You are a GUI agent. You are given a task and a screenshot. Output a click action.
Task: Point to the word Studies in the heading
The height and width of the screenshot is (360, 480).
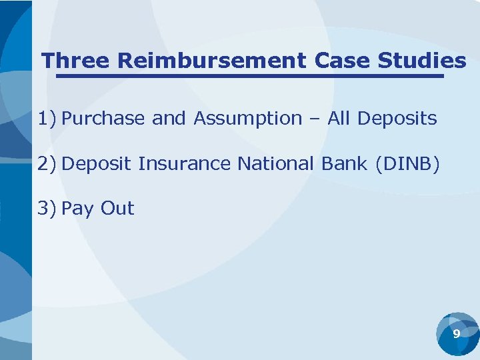(421, 61)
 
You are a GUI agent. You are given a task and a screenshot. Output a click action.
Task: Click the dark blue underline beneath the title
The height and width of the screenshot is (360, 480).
(249, 76)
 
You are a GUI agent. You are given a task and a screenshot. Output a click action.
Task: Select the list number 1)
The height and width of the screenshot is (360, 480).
(47, 119)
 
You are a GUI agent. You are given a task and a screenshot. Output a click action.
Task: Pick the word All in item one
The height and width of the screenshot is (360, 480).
(339, 119)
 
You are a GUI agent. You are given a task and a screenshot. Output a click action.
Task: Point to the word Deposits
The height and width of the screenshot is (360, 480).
(397, 119)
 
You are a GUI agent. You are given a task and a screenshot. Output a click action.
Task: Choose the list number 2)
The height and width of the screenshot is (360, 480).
(47, 164)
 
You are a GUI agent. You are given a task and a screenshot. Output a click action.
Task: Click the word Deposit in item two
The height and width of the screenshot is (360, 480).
(97, 164)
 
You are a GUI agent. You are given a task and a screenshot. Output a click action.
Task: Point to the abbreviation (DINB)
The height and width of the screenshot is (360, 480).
(407, 164)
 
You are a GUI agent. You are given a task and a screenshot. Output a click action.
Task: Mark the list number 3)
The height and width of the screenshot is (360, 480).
(47, 209)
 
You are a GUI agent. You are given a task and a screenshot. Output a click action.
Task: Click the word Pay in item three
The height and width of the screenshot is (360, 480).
(77, 209)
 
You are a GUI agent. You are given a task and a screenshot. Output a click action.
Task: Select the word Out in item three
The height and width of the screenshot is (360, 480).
(117, 209)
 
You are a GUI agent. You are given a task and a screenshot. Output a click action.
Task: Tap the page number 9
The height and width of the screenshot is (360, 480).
(457, 333)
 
